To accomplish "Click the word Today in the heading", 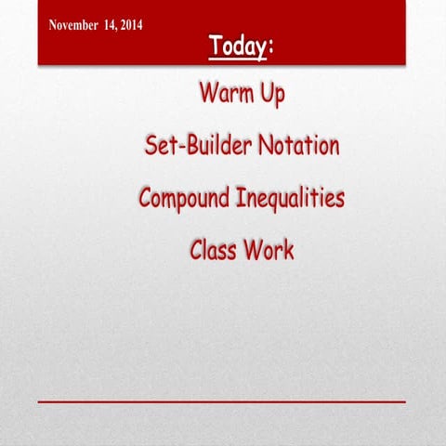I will (x=237, y=45).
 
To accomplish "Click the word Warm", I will (x=224, y=94).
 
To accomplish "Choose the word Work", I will (x=269, y=250).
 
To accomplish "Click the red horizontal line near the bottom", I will (x=222, y=401).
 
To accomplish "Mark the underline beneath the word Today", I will (x=237, y=59).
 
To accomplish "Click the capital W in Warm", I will (x=207, y=94).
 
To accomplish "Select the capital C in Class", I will (x=196, y=250).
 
